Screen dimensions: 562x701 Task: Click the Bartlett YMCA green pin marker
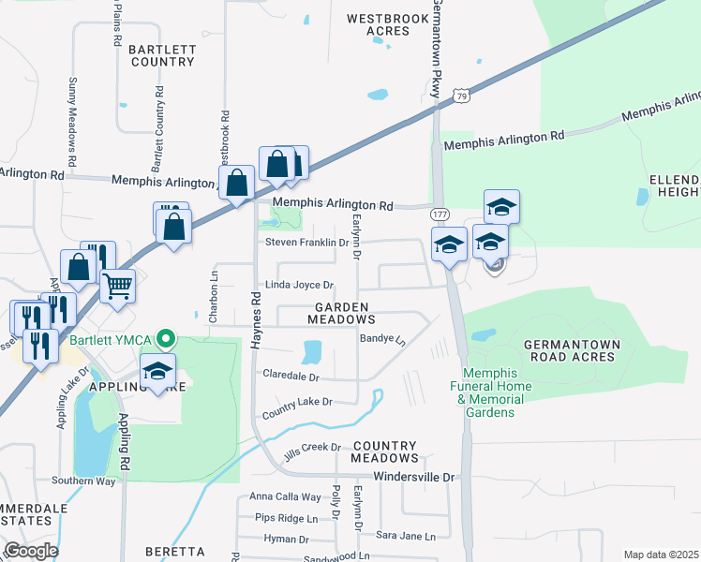click(x=166, y=338)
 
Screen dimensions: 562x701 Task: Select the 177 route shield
click(x=439, y=214)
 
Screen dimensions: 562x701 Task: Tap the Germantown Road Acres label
click(x=572, y=350)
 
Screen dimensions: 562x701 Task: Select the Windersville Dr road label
click(x=413, y=477)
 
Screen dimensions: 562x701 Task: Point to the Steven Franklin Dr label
click(x=306, y=242)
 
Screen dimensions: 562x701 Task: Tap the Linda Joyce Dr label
click(x=300, y=285)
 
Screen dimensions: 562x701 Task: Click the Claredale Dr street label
click(x=291, y=377)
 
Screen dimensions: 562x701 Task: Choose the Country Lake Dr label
click(x=298, y=403)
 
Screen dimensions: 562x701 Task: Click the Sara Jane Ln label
click(x=406, y=537)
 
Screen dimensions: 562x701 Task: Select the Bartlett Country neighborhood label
click(x=162, y=54)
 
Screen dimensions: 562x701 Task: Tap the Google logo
click(x=31, y=550)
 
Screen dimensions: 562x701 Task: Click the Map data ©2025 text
click(x=661, y=555)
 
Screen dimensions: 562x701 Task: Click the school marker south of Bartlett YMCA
click(x=157, y=371)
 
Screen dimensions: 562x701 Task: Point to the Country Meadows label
click(x=384, y=451)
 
